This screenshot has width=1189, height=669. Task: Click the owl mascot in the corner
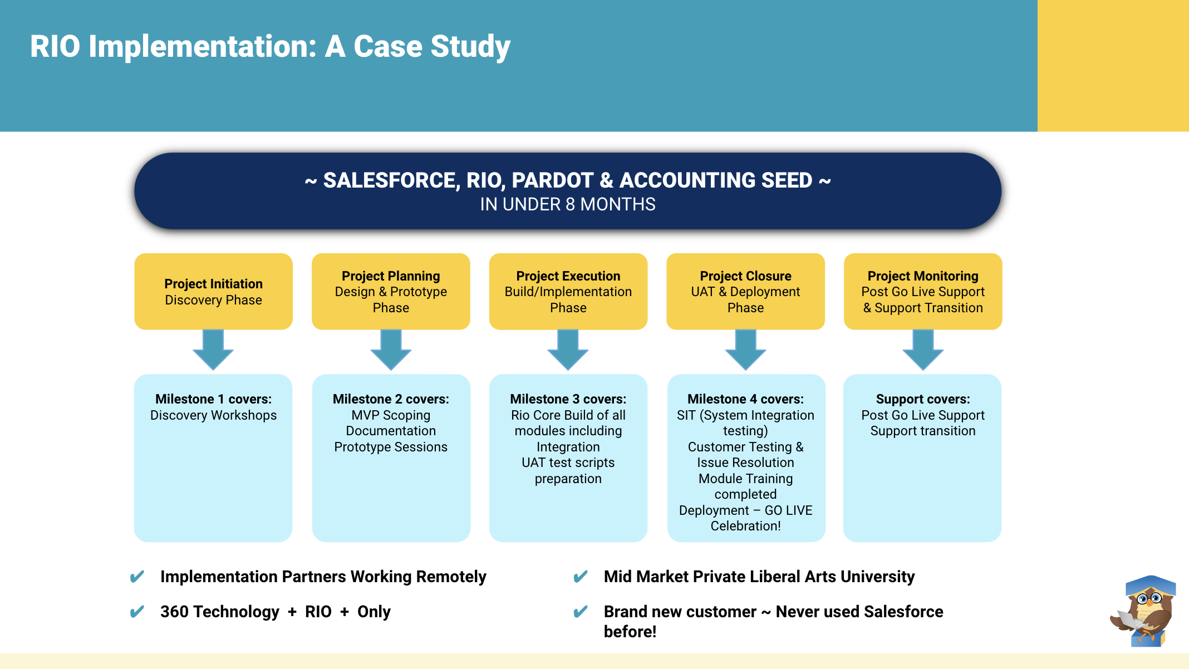click(1143, 612)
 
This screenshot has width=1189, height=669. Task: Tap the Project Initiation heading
click(213, 284)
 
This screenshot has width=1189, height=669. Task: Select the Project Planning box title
click(391, 276)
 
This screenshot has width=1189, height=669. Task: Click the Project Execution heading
click(568, 276)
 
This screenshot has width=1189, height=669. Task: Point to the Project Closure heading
click(745, 276)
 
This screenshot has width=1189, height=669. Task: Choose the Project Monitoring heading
click(922, 276)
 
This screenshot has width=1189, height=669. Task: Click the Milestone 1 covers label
click(213, 399)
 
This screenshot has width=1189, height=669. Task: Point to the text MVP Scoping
click(391, 415)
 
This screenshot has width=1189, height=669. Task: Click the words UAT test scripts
click(568, 463)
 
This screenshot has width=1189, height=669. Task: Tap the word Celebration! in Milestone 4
click(745, 526)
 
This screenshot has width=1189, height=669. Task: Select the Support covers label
click(922, 399)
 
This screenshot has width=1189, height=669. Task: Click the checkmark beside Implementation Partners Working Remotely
click(137, 577)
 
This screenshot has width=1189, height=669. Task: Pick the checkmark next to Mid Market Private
click(581, 577)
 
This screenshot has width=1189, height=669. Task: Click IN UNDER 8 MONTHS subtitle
click(568, 204)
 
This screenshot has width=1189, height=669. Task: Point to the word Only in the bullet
click(374, 612)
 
